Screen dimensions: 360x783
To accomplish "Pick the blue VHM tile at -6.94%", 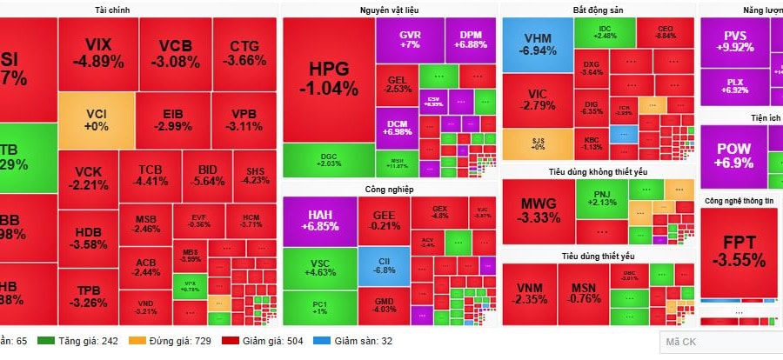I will tap(537, 44).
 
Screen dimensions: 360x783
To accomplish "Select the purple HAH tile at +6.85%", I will tap(319, 219).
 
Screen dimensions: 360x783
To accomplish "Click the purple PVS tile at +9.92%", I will tap(735, 42).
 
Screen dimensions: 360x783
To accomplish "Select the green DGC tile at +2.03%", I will tap(328, 160).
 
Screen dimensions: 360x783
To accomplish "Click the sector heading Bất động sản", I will tap(598, 9).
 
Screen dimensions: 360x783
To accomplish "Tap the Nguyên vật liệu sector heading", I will tap(389, 9).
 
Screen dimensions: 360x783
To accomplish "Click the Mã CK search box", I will tap(720, 342).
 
